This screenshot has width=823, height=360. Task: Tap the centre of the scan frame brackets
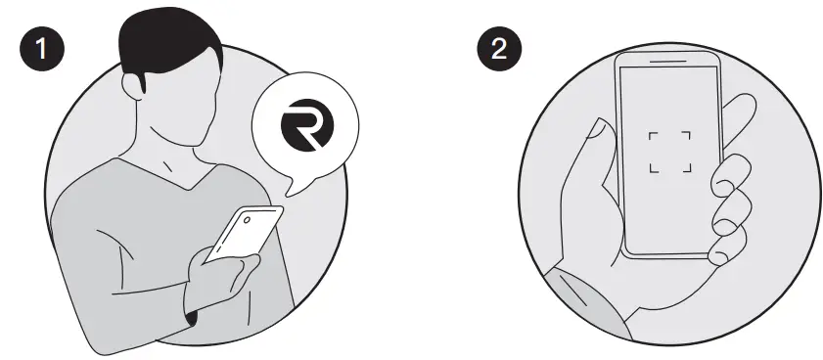click(x=669, y=151)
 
